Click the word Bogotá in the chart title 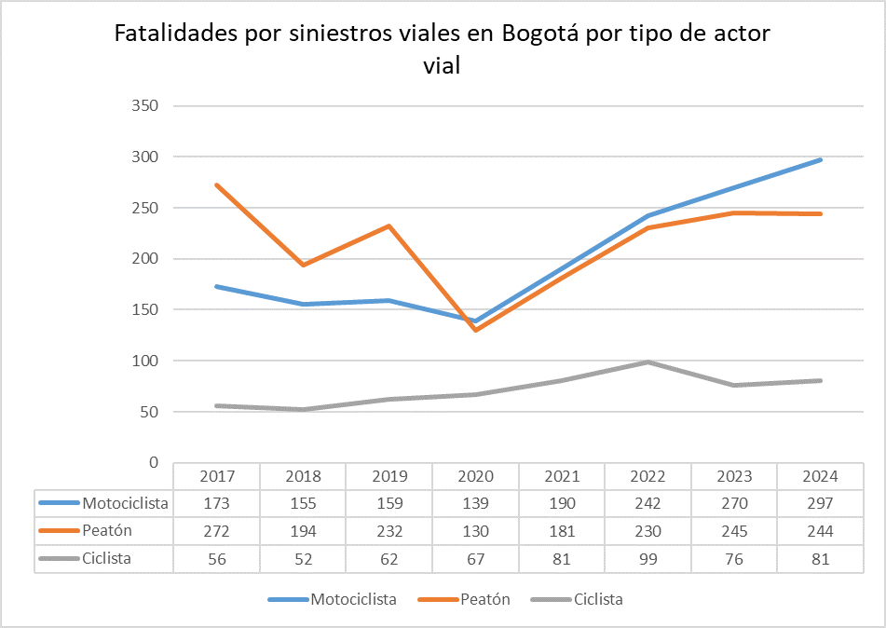tap(540, 34)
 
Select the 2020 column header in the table tap(475, 476)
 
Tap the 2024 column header tap(820, 476)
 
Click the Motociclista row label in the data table tap(125, 503)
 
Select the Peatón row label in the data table tap(107, 531)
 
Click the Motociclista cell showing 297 tap(820, 503)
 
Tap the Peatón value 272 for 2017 tap(217, 531)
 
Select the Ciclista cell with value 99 tap(647, 559)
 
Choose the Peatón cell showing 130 tap(475, 531)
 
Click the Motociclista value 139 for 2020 tap(475, 503)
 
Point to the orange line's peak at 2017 tap(217, 185)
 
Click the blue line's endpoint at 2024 tap(820, 160)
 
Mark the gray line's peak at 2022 tap(647, 362)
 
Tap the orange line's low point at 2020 tap(475, 330)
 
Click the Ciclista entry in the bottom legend tap(597, 599)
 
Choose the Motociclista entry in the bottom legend tap(353, 599)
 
